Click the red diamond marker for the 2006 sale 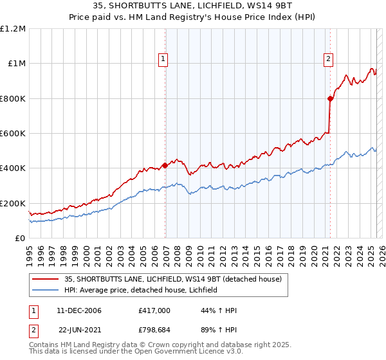pyautogui.click(x=165, y=165)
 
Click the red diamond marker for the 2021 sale pyautogui.click(x=330, y=99)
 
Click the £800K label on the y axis pyautogui.click(x=13, y=98)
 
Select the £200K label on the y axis pyautogui.click(x=13, y=203)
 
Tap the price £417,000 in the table pyautogui.click(x=154, y=311)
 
